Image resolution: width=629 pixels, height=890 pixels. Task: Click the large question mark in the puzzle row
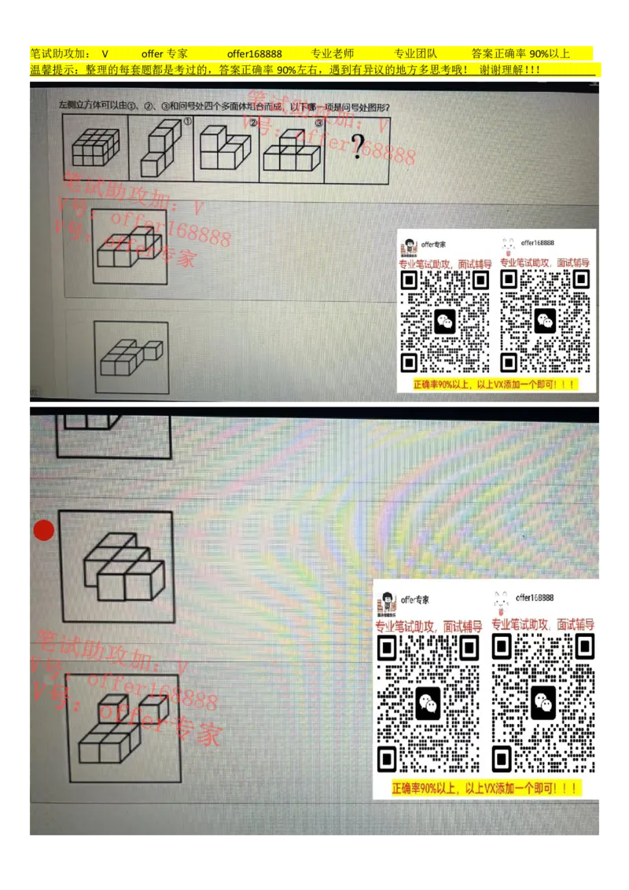click(358, 146)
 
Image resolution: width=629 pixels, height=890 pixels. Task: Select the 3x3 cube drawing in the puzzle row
click(94, 147)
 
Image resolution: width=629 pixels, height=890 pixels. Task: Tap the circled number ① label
click(187, 121)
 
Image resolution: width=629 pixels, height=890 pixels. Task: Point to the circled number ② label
click(253, 122)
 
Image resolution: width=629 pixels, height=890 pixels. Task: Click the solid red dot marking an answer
click(44, 530)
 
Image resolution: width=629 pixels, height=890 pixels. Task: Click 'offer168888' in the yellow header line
click(254, 54)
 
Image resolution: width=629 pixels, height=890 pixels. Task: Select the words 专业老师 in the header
click(333, 54)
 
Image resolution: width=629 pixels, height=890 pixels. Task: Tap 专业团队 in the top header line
click(415, 54)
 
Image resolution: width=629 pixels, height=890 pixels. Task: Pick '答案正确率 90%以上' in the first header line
click(520, 54)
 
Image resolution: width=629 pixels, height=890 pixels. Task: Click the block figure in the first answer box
click(127, 245)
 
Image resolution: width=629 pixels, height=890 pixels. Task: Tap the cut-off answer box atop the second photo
click(112, 436)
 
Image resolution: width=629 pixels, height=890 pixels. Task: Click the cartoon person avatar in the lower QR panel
click(388, 601)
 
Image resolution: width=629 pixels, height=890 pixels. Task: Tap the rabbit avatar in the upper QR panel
click(508, 245)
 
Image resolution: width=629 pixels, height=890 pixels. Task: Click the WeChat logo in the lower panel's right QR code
click(543, 702)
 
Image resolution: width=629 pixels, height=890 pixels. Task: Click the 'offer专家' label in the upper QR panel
click(435, 245)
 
